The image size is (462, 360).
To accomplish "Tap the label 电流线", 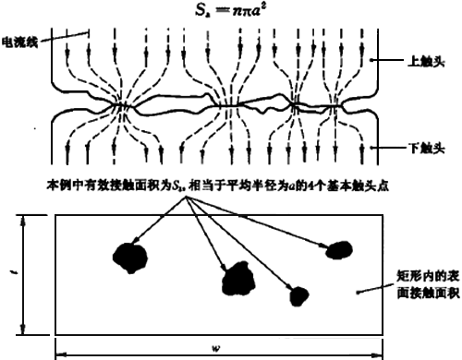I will point(20,42).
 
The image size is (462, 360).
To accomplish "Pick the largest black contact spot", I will point(238,277).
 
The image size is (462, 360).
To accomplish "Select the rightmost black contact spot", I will point(339,247).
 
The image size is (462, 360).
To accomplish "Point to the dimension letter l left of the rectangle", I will point(13,274).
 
